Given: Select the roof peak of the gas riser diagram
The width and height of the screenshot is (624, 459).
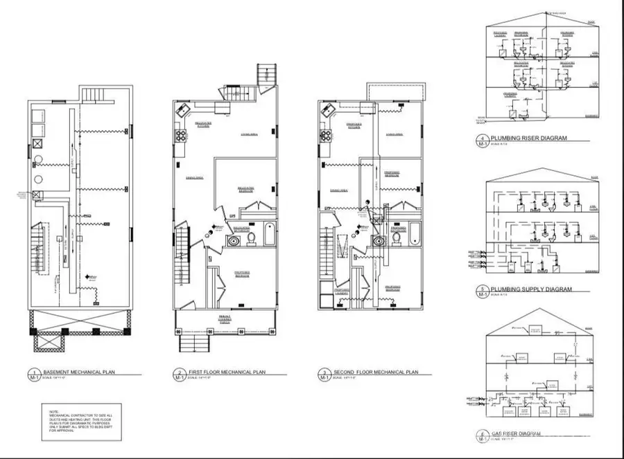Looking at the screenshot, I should pyautogui.click(x=534, y=309).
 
